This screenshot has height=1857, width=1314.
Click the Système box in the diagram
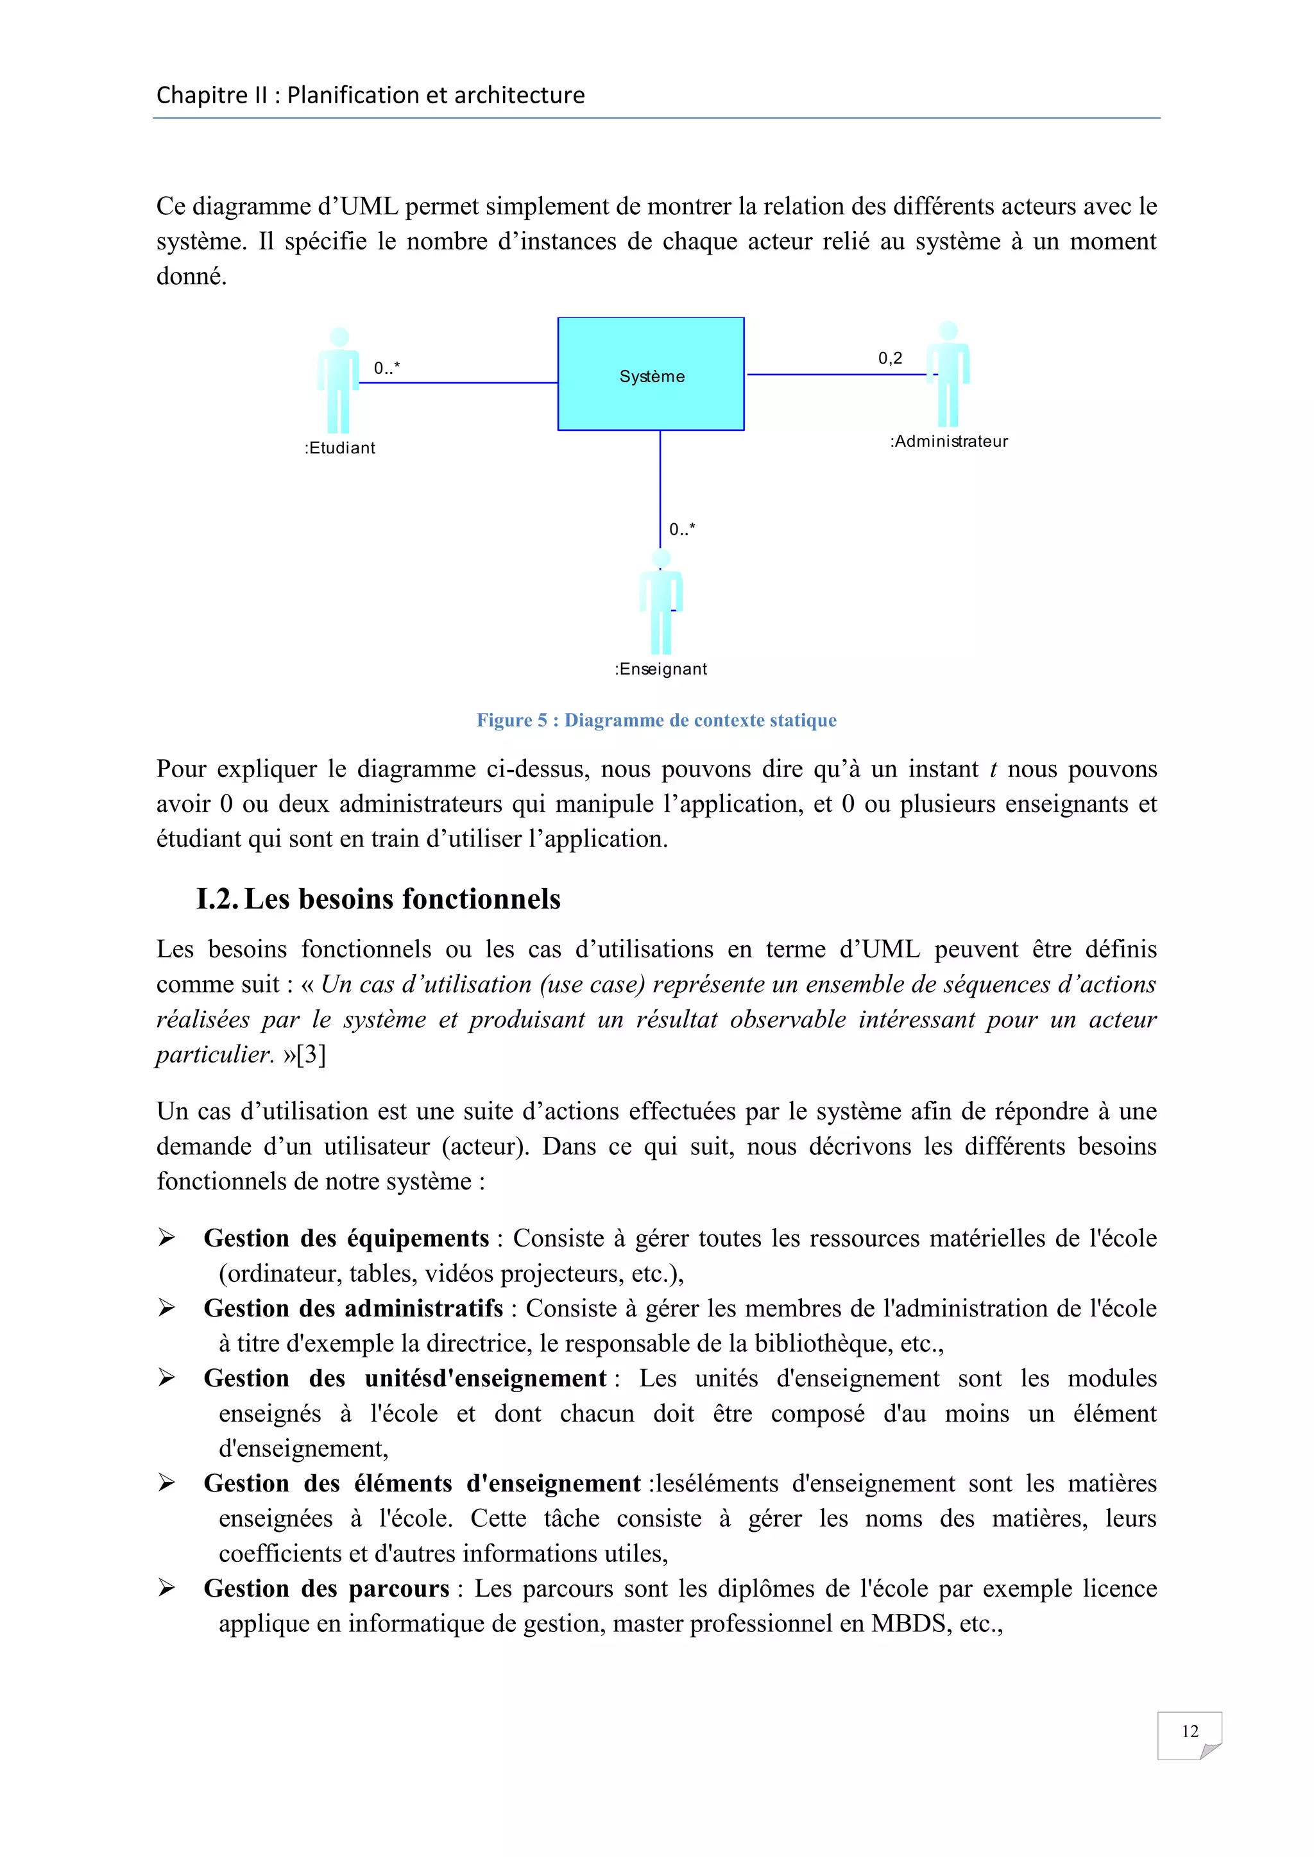tap(651, 374)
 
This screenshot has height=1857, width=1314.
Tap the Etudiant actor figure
tap(339, 380)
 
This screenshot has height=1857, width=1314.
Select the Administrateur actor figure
tap(948, 374)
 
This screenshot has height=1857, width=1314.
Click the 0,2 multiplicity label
tap(890, 358)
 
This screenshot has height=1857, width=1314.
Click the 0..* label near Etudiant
tap(387, 369)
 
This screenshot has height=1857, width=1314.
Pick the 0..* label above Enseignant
tap(682, 530)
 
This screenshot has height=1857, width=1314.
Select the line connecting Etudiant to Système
tap(458, 383)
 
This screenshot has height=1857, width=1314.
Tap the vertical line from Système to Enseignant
tap(660, 485)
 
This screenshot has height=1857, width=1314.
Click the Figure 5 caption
tap(656, 720)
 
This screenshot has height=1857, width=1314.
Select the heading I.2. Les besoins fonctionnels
tap(379, 898)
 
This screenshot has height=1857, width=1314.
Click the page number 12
tap(1190, 1731)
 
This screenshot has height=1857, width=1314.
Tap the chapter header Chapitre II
tap(370, 96)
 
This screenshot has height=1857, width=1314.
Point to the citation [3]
tap(312, 1055)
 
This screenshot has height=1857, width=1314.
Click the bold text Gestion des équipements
tap(346, 1238)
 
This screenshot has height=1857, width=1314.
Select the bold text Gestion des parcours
tap(326, 1588)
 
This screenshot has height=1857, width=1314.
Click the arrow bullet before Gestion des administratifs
tap(167, 1308)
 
